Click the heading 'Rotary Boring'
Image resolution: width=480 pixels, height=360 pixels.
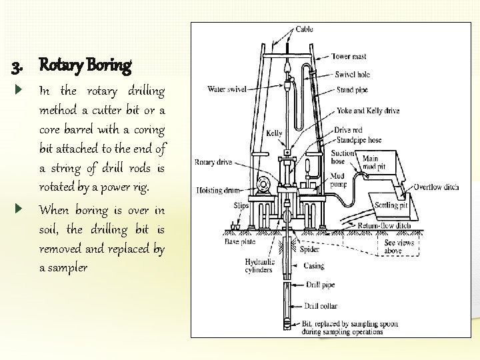point(85,65)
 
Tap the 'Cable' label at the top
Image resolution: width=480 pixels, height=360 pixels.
point(304,29)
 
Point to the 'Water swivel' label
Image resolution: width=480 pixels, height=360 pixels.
point(227,88)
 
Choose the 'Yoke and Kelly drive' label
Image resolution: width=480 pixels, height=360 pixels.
point(367,111)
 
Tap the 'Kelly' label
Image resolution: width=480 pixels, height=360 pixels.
point(274,133)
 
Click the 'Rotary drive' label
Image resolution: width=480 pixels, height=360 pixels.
point(213,161)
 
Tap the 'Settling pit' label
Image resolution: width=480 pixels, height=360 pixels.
point(391,205)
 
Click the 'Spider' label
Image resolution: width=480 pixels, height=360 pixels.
point(309,249)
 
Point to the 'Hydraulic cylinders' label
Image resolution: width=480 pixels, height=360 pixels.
point(259,267)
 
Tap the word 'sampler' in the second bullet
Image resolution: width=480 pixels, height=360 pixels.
point(63,267)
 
